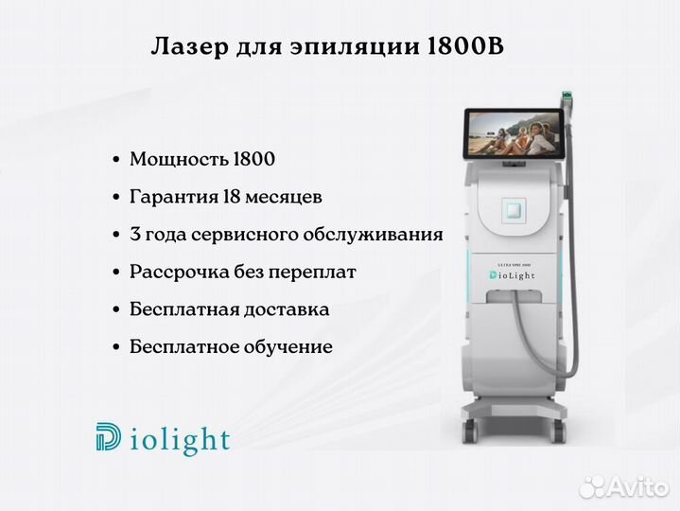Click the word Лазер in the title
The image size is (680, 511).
pos(189,46)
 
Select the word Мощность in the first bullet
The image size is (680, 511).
pos(179,159)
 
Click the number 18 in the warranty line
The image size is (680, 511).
pos(232,197)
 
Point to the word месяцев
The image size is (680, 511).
pos(284,198)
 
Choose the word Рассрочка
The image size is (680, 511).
pos(179,273)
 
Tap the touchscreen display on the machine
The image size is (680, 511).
pos(514,133)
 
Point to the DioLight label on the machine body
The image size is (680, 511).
pos(513,275)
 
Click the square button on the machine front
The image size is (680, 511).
pos(514,211)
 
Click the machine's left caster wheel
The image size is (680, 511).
pos(470,431)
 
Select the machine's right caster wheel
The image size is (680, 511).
pos(559,431)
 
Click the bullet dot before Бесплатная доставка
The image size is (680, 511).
pos(115,310)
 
